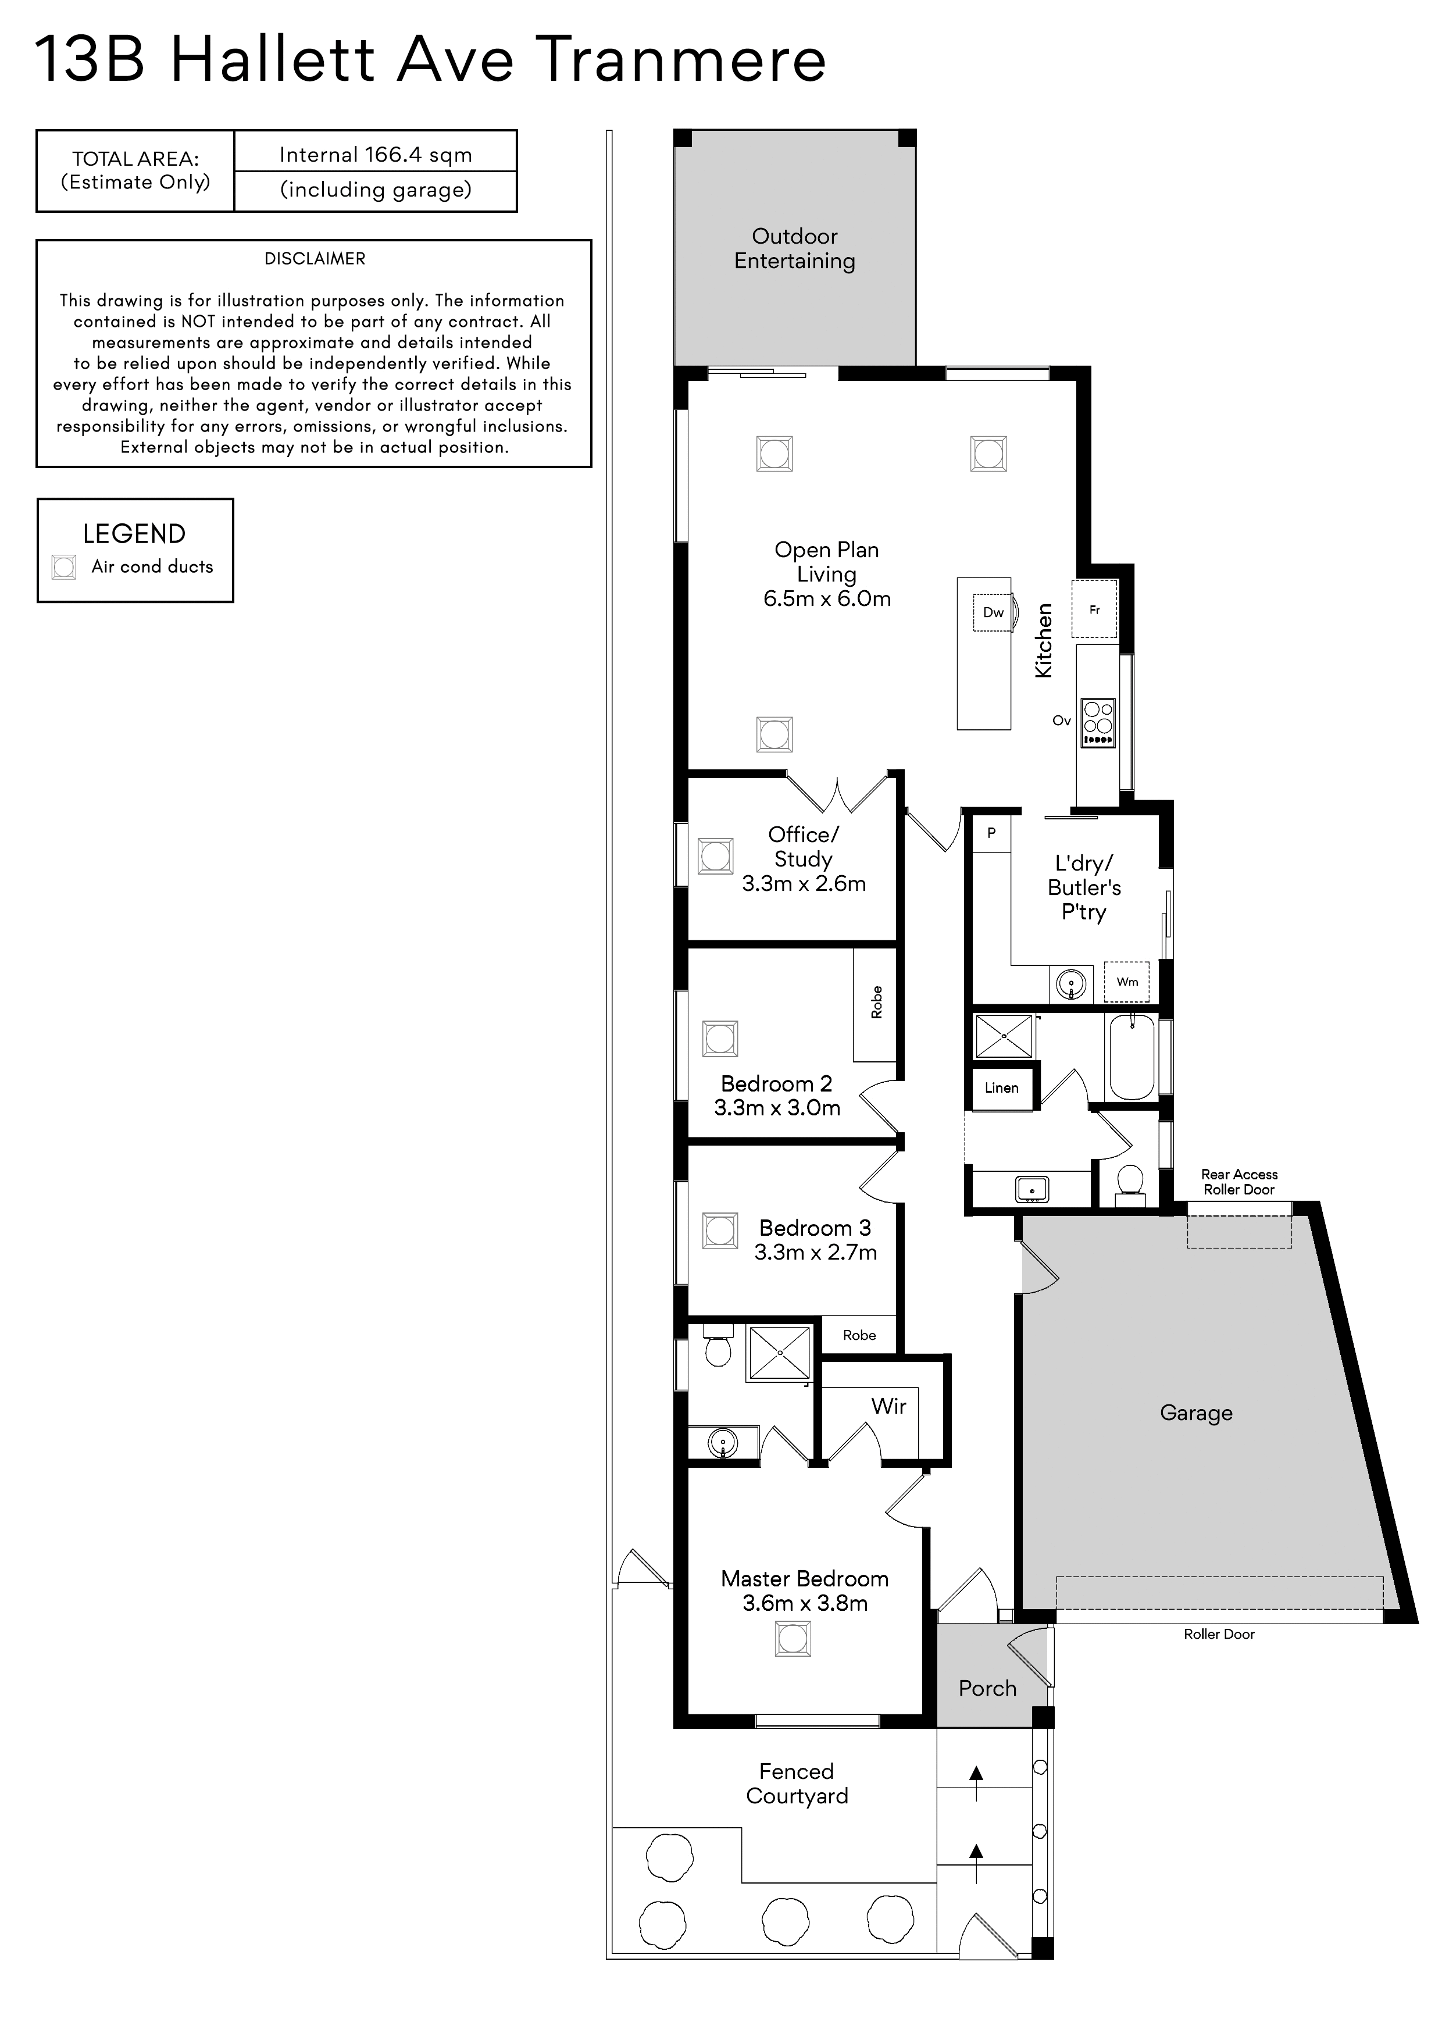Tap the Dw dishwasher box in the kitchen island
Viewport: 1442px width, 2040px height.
993,612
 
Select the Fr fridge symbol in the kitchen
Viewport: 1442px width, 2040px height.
1095,609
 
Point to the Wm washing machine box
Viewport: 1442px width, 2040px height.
1127,982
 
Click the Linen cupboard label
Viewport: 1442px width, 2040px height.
1001,1087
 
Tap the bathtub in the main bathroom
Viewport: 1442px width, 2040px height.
1131,1057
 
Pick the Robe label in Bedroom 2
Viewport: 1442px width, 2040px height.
877,1002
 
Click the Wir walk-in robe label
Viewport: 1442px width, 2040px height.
888,1406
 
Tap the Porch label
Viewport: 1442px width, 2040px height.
987,1688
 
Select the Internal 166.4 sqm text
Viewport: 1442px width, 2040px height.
376,155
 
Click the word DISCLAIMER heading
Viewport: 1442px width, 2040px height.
315,259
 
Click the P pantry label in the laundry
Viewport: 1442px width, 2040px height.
991,833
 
